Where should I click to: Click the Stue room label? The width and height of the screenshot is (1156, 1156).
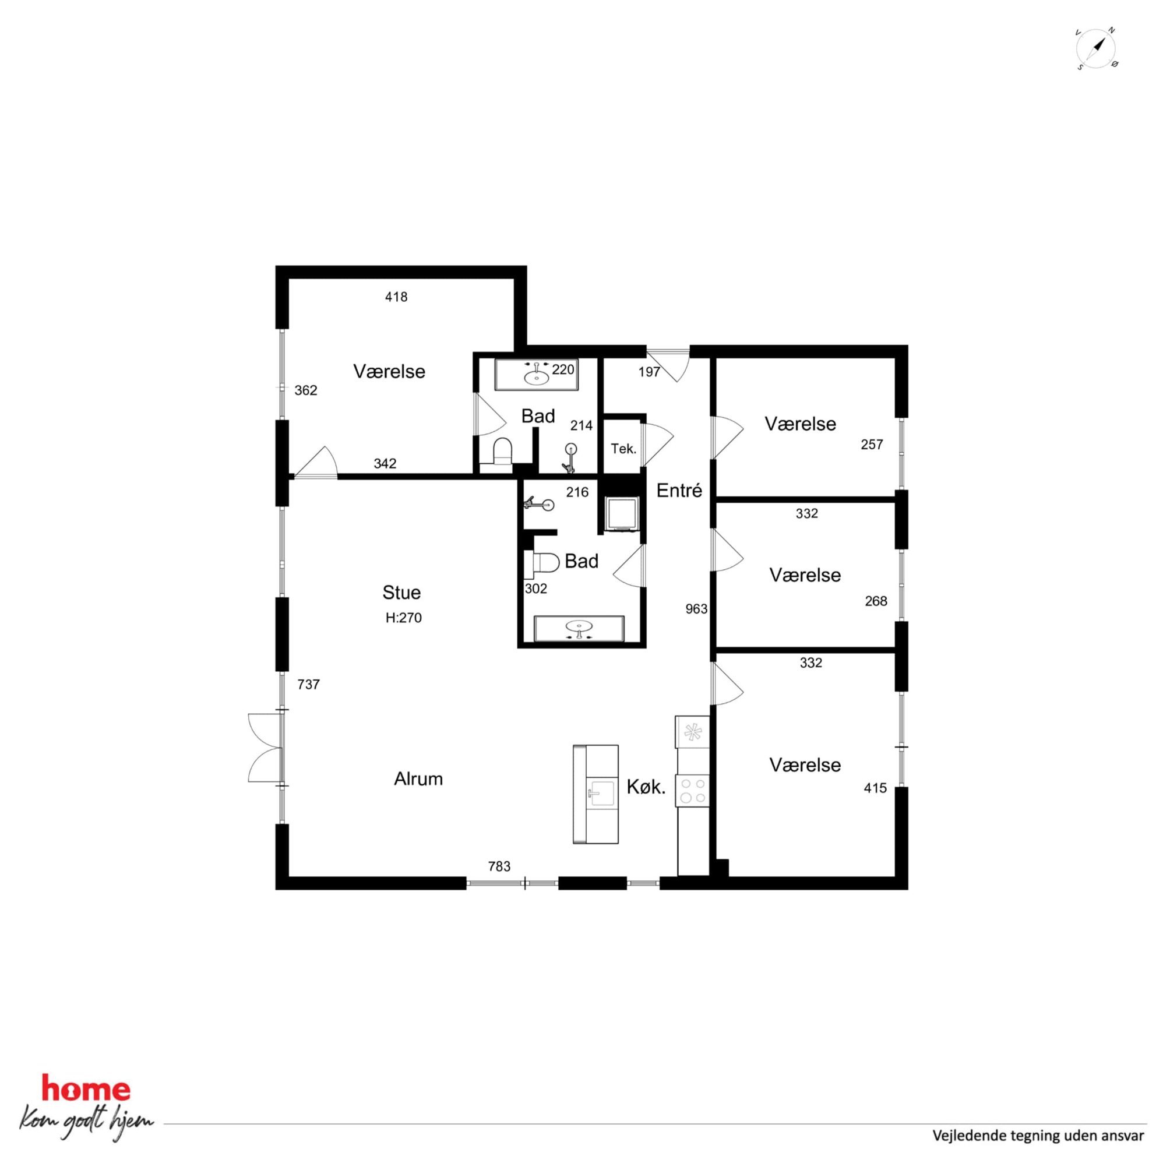pyautogui.click(x=401, y=593)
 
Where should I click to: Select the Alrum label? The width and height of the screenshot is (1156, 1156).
pyautogui.click(x=418, y=778)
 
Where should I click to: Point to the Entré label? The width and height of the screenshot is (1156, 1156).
pyautogui.click(x=679, y=491)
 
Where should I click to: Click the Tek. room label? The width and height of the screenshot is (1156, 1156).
pyautogui.click(x=623, y=449)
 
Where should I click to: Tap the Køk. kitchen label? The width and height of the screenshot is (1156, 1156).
pyautogui.click(x=646, y=787)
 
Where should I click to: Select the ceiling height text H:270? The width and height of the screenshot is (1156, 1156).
pyautogui.click(x=404, y=618)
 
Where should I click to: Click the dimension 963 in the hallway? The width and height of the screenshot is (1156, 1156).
pyautogui.click(x=696, y=608)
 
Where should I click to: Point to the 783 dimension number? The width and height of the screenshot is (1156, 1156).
pyautogui.click(x=499, y=866)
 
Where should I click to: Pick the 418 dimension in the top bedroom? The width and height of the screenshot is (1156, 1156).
pyautogui.click(x=396, y=296)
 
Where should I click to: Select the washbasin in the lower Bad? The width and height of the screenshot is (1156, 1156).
pyautogui.click(x=579, y=628)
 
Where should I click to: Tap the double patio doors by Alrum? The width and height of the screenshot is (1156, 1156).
pyautogui.click(x=266, y=748)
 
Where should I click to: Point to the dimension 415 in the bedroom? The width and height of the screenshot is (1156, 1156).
pyautogui.click(x=875, y=788)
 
